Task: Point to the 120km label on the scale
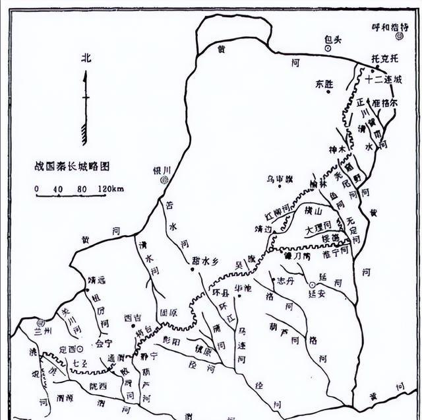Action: pyautogui.click(x=112, y=190)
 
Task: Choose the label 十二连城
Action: pyautogui.click(x=387, y=79)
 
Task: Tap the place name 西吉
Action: pyautogui.click(x=132, y=318)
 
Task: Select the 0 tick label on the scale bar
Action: pyautogui.click(x=37, y=190)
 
